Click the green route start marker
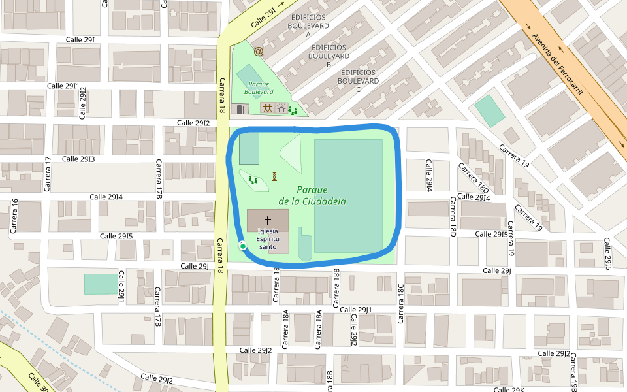point(242,246)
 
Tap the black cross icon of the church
point(268,221)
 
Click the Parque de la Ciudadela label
point(312,195)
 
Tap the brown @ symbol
point(259,50)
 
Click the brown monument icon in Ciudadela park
point(274,176)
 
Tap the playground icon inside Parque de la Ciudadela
point(253,179)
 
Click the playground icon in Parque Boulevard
point(293,111)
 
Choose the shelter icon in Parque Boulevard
point(281,108)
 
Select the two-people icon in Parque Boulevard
point(268,108)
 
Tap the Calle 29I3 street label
point(78,159)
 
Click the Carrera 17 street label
point(48,174)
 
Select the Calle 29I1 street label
point(63,86)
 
